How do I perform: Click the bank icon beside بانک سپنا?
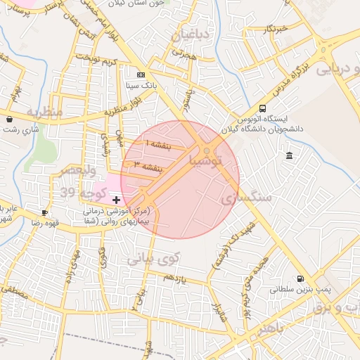pos(141,74)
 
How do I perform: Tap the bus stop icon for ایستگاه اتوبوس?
pos(262,108)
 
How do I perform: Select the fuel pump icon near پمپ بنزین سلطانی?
pos(301,278)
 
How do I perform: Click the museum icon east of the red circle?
pos(290,155)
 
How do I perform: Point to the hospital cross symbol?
pos(116,200)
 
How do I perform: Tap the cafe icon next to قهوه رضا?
pos(44,212)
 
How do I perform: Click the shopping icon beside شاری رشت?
pos(8,119)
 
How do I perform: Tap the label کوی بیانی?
pos(154,259)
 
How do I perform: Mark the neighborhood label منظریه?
pos(45,111)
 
